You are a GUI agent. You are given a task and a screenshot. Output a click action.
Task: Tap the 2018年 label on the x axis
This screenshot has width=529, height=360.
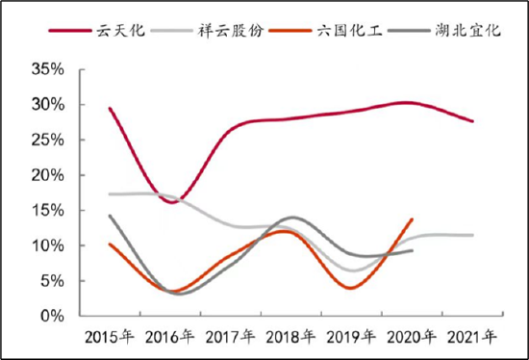[x=291, y=336]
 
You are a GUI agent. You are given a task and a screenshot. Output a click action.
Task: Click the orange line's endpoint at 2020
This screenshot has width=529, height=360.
[x=412, y=219]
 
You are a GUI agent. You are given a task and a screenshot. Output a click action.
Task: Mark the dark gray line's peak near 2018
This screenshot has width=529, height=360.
[x=293, y=218]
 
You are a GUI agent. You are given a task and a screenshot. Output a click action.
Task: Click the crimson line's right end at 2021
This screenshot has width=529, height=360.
[x=472, y=121]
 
